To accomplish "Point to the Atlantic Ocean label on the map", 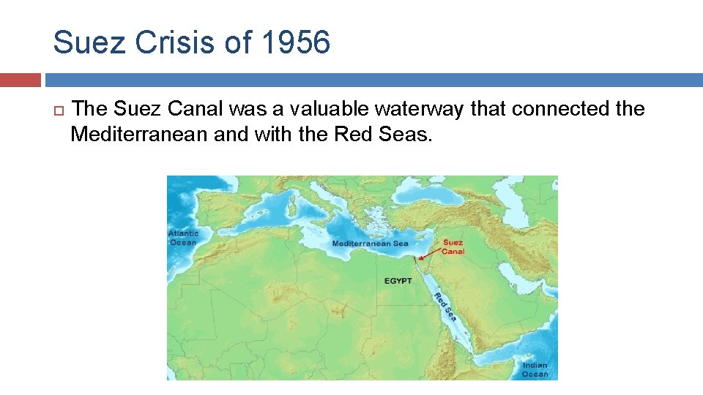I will (183, 238).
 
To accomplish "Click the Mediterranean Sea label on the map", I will (370, 244).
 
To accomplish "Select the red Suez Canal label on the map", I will (453, 247).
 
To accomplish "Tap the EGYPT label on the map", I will (398, 281).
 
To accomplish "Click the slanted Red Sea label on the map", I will (445, 306).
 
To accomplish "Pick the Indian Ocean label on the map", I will (535, 369).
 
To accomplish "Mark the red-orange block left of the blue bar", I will (21, 80).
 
